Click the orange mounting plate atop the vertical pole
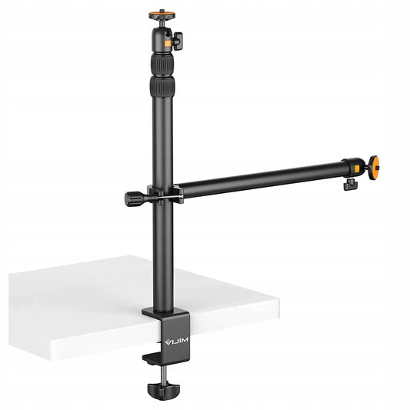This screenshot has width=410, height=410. pos(162,14)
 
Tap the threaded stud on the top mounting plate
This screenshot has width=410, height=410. pos(162,11)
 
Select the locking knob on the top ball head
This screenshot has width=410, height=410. pos(178,40)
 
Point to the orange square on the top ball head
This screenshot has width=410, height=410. pos(168,43)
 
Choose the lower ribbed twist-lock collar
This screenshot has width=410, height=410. pos(162,87)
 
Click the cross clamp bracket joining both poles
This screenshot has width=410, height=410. pos(165,195)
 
